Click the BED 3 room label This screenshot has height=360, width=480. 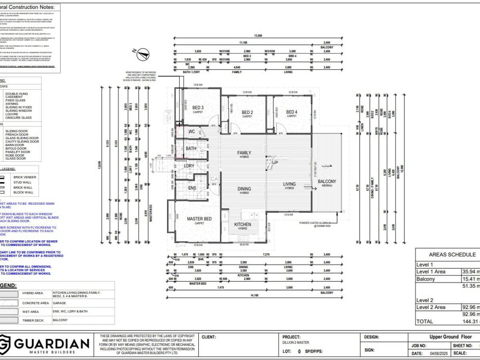[198, 108]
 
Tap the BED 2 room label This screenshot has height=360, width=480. [247, 112]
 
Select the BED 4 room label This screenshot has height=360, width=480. [292, 112]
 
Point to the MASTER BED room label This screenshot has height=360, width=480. [199, 219]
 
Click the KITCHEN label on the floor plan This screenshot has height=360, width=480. [242, 224]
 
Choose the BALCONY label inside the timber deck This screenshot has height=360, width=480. [327, 181]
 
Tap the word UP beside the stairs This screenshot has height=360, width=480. [275, 163]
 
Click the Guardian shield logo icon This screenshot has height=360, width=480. [5, 344]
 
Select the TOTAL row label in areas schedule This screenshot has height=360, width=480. [424, 321]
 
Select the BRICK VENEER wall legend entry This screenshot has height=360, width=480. [24, 177]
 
